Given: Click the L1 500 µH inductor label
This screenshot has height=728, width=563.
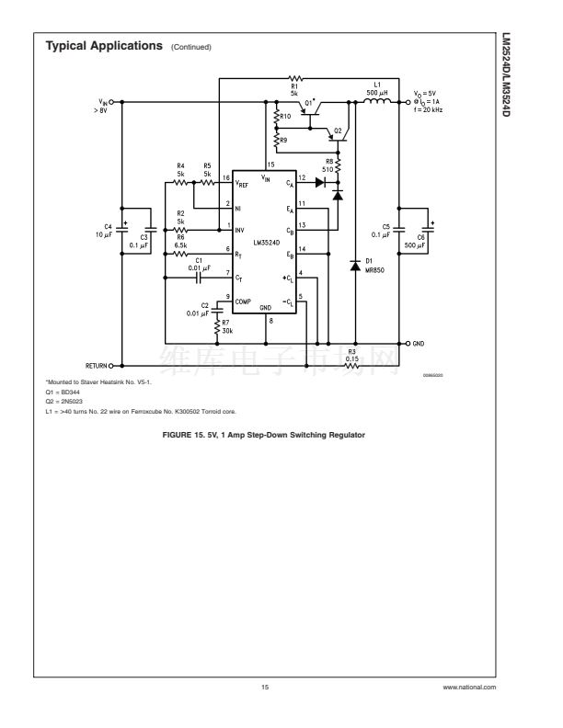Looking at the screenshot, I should coord(375,92).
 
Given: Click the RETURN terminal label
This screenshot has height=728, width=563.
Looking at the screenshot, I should coord(98,364).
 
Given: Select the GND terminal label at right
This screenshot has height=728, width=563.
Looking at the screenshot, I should coord(419,343).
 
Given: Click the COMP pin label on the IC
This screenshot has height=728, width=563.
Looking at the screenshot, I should coord(243,300).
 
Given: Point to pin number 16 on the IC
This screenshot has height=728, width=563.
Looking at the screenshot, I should coord(226,176).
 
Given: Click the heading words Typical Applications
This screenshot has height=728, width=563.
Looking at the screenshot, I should coord(105,45).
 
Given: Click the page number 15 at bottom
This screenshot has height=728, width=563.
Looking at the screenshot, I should coord(266,685).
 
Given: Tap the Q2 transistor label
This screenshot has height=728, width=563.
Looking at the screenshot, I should coord(338,131).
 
